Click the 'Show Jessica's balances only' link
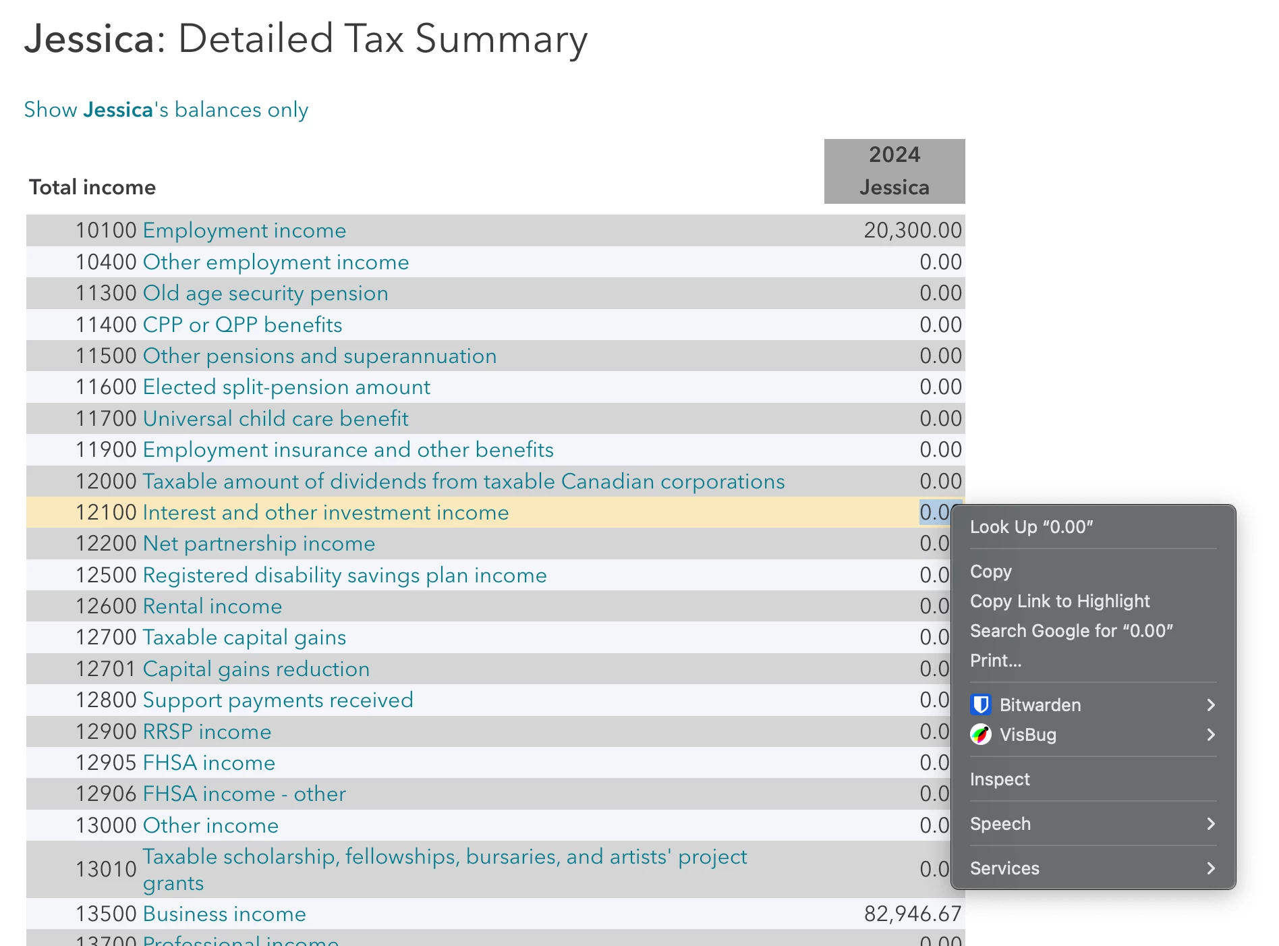[x=166, y=109]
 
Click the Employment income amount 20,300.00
[x=912, y=231]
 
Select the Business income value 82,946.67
[x=912, y=914]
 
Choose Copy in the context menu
[x=990, y=572]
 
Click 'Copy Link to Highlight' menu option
[x=1059, y=601]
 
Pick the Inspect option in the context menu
[x=999, y=779]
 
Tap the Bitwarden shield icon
[x=980, y=705]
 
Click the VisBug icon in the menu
[x=980, y=735]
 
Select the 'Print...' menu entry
[x=995, y=661]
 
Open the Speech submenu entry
[x=1000, y=824]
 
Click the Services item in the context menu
[x=1004, y=868]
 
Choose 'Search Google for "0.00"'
[x=1071, y=631]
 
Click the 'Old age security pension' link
[x=265, y=294]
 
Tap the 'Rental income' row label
[x=212, y=607]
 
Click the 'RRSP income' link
[x=206, y=732]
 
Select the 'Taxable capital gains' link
[x=244, y=638]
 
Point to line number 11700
[x=106, y=419]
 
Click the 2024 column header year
[x=894, y=155]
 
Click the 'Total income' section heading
[x=92, y=188]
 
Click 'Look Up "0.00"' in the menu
[x=1031, y=527]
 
